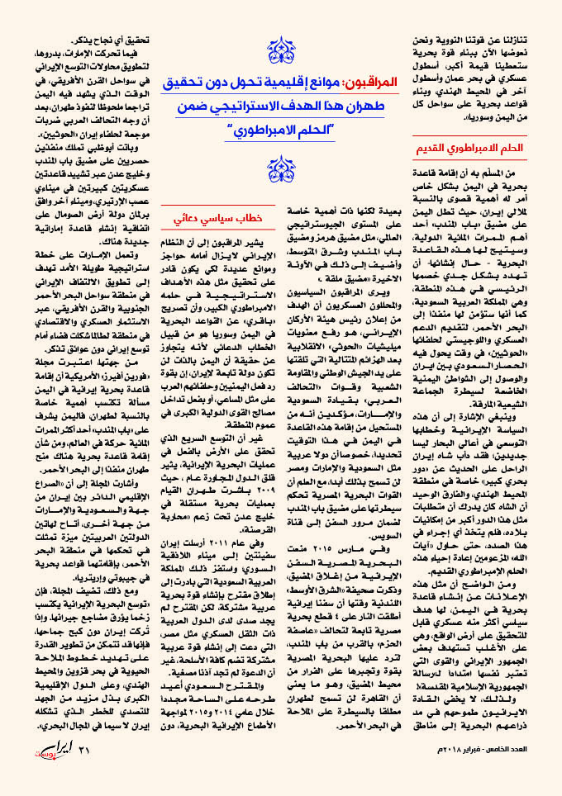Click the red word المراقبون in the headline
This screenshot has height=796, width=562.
(x=363, y=84)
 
